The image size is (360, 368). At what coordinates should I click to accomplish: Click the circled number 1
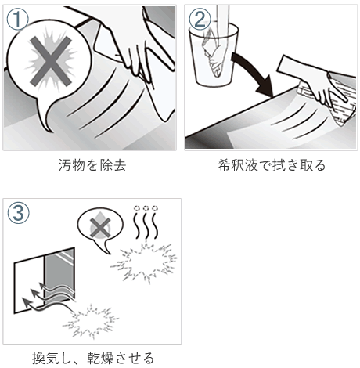17,19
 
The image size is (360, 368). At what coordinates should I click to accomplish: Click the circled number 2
200,19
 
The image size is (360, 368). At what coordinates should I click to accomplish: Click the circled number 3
19,213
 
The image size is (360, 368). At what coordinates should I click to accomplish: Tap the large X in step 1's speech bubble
50,61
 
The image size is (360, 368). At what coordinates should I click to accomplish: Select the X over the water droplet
100,228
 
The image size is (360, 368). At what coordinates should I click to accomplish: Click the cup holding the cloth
214,56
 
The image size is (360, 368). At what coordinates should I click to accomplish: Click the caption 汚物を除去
92,165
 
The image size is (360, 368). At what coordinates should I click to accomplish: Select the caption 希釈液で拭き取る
272,165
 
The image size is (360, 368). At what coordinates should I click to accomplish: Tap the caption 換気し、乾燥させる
92,358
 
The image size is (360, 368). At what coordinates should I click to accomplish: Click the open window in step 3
45,280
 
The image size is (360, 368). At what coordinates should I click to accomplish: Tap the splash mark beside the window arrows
91,321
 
